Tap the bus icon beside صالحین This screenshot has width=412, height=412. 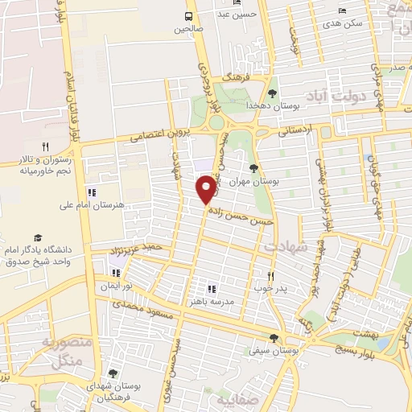[189, 15]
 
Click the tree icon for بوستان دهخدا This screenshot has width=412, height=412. [272, 93]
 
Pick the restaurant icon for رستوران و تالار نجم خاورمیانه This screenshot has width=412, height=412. [46, 147]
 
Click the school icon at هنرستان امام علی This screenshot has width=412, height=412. [91, 192]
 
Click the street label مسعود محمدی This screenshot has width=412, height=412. [142, 307]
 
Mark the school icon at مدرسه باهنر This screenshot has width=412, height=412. [212, 288]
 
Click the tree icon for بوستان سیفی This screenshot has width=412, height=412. [274, 338]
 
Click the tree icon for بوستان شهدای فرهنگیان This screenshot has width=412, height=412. [112, 373]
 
